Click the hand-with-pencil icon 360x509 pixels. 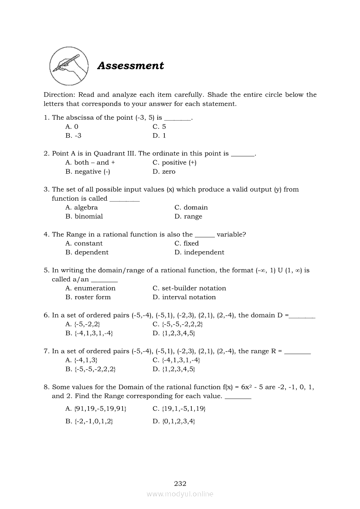pos(69,66)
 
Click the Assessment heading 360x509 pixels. pos(130,66)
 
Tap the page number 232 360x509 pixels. pos(180,483)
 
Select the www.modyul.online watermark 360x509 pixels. pos(180,494)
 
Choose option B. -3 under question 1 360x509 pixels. pos(73,136)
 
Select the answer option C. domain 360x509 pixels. pos(191,208)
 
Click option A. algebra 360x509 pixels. pos(82,208)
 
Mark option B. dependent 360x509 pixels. pos(87,253)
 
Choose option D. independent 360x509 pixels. pos(199,253)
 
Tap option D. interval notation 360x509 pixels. pos(184,297)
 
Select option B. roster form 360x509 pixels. pos(88,297)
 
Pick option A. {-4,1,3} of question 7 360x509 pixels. pos(81,360)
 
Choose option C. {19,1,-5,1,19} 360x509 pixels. pos(179,409)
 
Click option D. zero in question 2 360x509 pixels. pos(164,172)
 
